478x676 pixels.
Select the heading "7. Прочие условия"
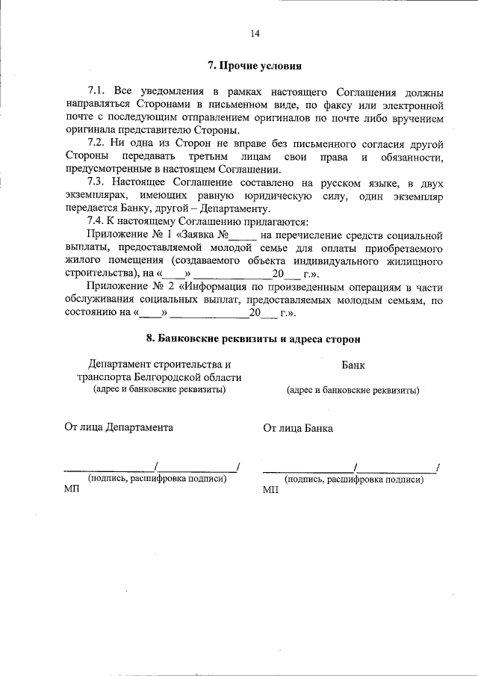click(x=255, y=65)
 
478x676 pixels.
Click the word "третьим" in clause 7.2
click(x=222, y=156)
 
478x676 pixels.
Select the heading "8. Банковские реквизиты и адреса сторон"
click(x=254, y=338)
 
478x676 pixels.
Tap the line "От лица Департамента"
click(x=119, y=427)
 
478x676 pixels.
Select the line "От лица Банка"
click(x=298, y=428)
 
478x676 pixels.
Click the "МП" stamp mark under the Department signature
click(x=72, y=491)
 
